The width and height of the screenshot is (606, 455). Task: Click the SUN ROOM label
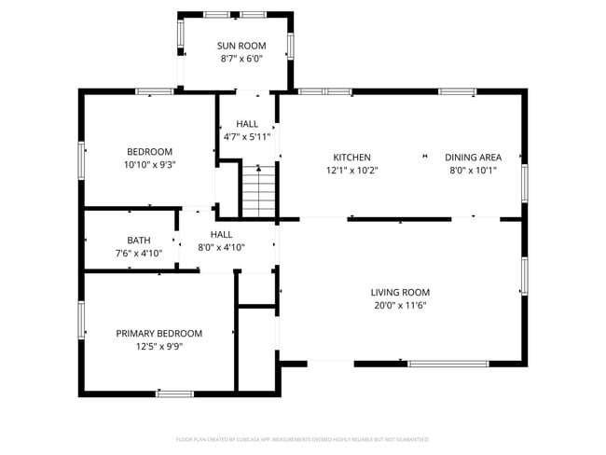[x=241, y=46]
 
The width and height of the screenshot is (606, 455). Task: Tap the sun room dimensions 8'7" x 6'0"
[x=241, y=58]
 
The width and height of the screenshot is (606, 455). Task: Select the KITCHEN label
[x=352, y=158]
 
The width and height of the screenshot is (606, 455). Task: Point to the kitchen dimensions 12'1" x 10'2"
[x=352, y=170]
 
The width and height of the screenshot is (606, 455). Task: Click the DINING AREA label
[x=473, y=158]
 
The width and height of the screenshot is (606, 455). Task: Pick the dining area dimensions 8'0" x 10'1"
[x=473, y=170]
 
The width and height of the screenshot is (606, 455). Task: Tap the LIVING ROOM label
[x=400, y=292]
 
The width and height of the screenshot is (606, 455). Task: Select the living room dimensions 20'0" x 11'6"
[x=400, y=305]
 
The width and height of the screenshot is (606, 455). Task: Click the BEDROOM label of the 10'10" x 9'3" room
[x=149, y=152]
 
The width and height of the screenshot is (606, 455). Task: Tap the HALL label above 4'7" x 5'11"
[x=247, y=124]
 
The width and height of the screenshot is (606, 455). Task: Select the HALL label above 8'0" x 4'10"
[x=221, y=234]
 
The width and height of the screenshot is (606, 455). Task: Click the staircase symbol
[x=260, y=192]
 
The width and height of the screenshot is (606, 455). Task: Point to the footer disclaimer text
[x=302, y=438]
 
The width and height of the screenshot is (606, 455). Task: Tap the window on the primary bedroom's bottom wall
[x=174, y=393]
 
